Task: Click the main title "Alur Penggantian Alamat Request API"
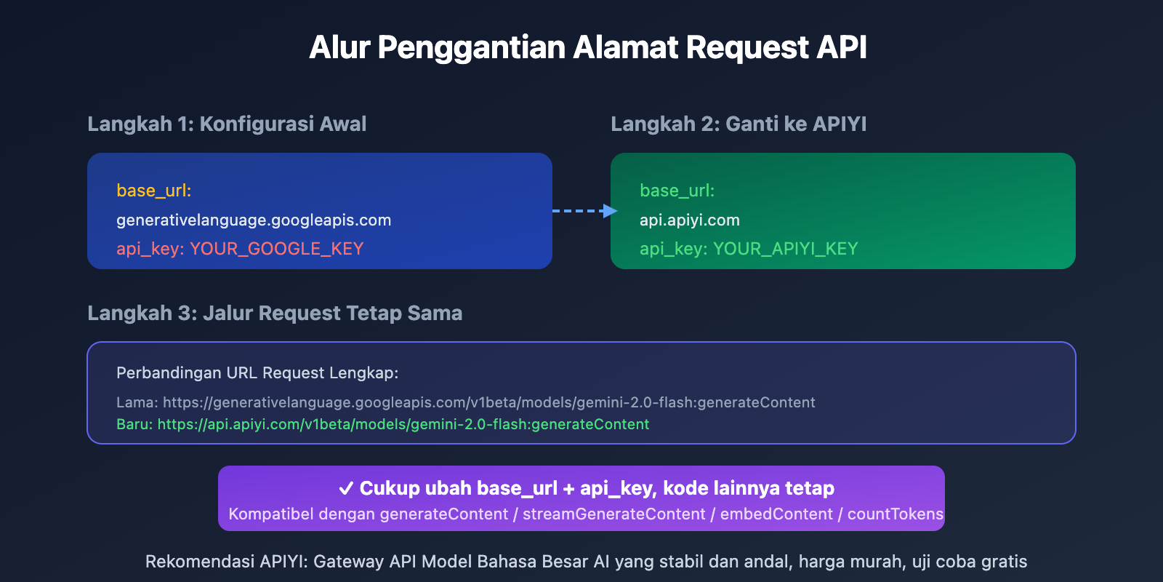(587, 48)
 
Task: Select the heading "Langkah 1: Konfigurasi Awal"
(227, 124)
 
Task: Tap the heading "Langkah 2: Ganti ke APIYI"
(739, 124)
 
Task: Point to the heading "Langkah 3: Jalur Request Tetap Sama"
(275, 314)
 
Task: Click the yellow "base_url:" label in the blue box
(153, 191)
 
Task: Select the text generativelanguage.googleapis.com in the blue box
(254, 220)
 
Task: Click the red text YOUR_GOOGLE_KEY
(276, 249)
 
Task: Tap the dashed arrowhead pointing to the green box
(610, 211)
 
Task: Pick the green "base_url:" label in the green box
(677, 191)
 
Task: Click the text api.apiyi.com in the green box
(689, 220)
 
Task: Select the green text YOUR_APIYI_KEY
(785, 249)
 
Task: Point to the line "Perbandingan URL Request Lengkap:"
(257, 373)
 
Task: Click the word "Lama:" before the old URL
(137, 403)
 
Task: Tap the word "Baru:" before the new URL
(134, 425)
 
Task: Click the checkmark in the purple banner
(346, 488)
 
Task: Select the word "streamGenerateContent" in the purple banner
(613, 514)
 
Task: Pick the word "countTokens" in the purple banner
(895, 514)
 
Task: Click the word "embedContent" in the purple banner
(776, 514)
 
